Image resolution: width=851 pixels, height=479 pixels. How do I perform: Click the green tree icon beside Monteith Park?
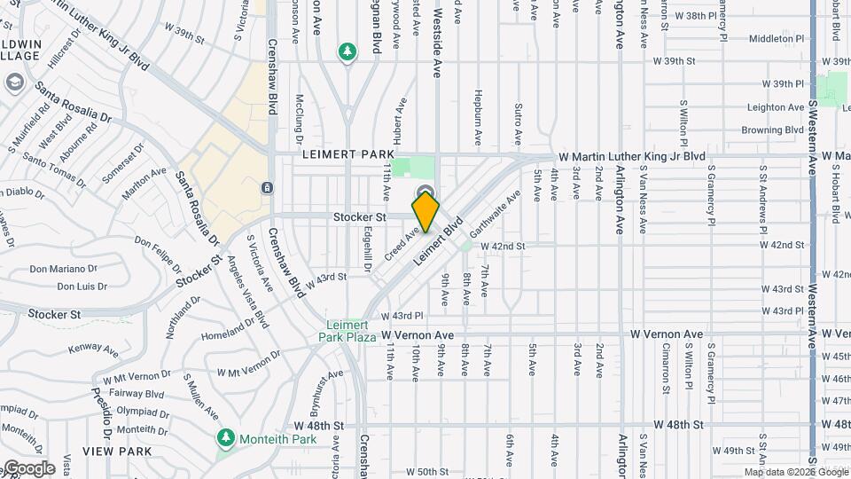click(x=226, y=438)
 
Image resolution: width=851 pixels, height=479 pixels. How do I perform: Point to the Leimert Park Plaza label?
click(x=348, y=331)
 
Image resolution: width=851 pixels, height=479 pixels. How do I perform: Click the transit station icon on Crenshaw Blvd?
click(x=268, y=188)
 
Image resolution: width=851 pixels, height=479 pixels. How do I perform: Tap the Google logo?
click(x=28, y=468)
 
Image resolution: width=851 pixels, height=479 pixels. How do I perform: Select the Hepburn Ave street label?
click(x=477, y=117)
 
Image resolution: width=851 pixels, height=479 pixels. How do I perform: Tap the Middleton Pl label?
click(x=776, y=39)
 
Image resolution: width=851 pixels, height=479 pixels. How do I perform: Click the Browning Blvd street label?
click(x=773, y=130)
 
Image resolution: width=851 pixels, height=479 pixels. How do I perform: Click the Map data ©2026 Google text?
click(x=795, y=472)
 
